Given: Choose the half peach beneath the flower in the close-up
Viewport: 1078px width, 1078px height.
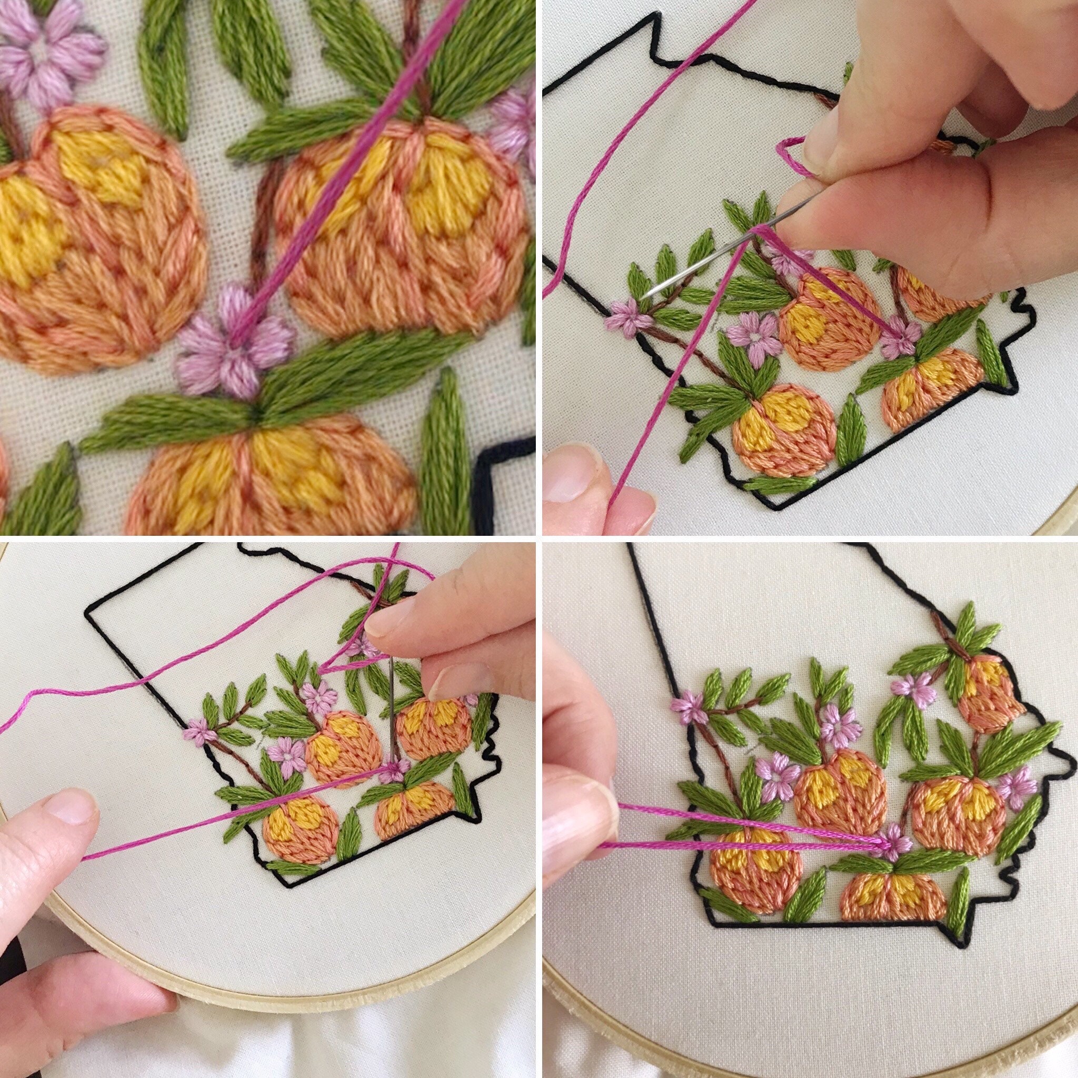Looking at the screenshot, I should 268,474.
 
